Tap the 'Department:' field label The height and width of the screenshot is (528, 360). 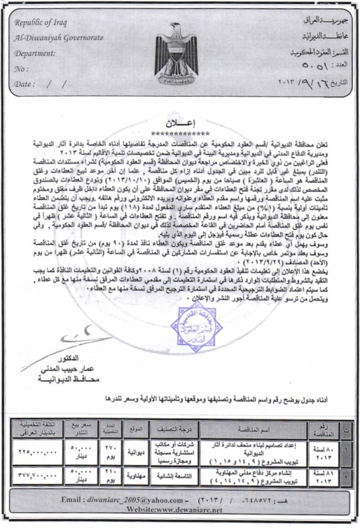[35, 53]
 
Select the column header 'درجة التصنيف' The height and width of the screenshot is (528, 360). [176, 429]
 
